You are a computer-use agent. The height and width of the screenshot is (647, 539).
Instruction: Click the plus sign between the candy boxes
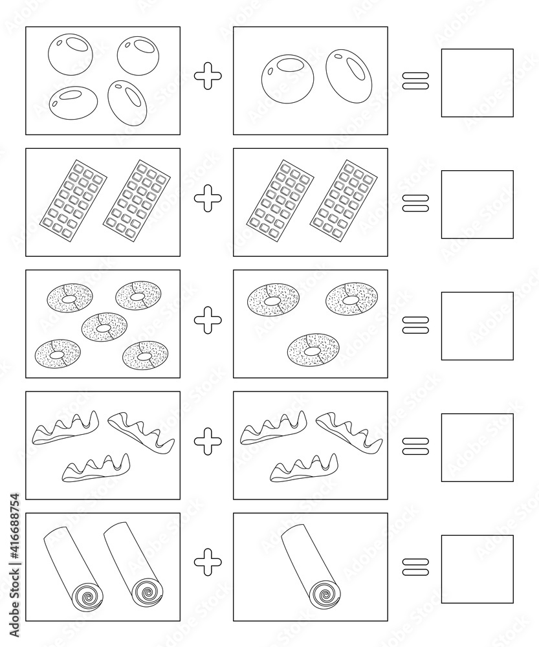pos(208,78)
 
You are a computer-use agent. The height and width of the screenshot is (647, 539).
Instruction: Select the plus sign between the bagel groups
pos(208,321)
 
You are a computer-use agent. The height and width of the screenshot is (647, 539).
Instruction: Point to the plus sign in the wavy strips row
pos(208,442)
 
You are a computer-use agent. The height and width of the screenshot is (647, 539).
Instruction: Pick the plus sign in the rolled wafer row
pos(208,562)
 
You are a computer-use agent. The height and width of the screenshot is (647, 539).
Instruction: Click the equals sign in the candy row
pos(416,80)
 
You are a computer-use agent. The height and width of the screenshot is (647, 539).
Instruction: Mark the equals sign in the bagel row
pos(416,323)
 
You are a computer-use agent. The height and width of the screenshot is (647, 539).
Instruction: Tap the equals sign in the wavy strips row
pos(416,444)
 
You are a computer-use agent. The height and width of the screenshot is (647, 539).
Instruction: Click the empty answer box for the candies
pos(477,83)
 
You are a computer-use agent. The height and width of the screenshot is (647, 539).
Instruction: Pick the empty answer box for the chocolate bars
pos(477,204)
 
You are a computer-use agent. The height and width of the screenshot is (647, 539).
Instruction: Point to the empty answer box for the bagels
pos(477,326)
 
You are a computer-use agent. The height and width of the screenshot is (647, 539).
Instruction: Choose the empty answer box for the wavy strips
pos(477,448)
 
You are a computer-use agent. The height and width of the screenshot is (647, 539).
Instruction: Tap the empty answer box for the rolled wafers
pos(477,569)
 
